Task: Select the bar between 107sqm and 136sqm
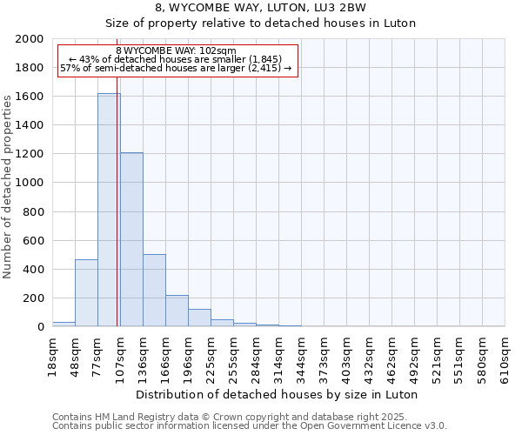click(131, 239)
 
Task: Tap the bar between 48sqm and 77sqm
click(86, 292)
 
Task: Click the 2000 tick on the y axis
click(30, 39)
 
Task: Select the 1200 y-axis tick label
click(30, 154)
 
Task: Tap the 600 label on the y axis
click(34, 240)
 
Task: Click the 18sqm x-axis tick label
click(52, 355)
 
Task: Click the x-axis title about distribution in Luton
click(278, 394)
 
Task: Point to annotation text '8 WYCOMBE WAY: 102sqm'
click(176, 51)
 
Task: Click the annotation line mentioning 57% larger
click(176, 69)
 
